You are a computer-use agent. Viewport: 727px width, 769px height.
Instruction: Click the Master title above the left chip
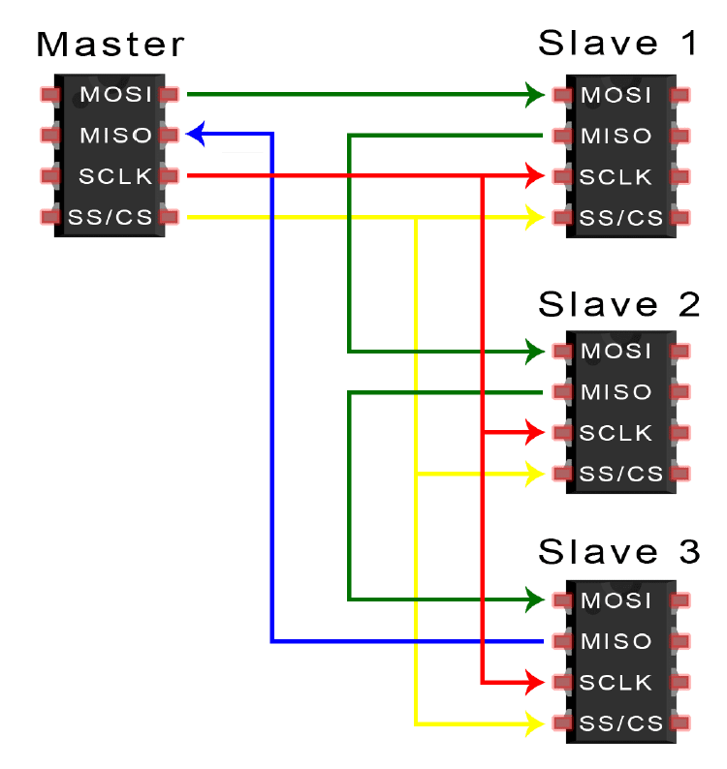[x=110, y=45]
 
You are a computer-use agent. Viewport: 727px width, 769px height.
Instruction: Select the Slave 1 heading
[x=617, y=45]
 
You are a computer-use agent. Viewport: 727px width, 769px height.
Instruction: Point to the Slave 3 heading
[x=618, y=552]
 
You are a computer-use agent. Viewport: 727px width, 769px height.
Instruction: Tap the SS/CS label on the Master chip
[x=111, y=217]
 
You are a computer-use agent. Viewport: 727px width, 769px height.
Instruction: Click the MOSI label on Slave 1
[x=616, y=95]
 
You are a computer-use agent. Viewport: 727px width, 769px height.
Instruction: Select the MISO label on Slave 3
[x=616, y=641]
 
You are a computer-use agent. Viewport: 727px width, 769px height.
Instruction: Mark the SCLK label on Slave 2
[x=616, y=432]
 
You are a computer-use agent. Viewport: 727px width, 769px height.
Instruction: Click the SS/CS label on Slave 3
[x=620, y=723]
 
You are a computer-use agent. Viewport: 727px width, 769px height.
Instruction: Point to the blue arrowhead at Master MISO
[x=197, y=134]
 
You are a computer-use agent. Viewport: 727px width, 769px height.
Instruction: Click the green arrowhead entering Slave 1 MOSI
[x=534, y=95]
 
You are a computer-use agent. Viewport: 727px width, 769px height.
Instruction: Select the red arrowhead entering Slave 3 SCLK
[x=534, y=682]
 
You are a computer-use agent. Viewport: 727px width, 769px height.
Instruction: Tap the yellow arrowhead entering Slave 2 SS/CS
[x=534, y=474]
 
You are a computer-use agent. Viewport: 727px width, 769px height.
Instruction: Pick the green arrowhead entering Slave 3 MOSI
[x=534, y=600]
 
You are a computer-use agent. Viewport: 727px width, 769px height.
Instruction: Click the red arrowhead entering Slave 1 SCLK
[x=534, y=176]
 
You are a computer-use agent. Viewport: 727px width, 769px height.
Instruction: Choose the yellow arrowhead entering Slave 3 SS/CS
[x=534, y=723]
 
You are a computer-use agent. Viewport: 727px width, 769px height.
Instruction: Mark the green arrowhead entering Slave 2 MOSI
[x=534, y=351]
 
